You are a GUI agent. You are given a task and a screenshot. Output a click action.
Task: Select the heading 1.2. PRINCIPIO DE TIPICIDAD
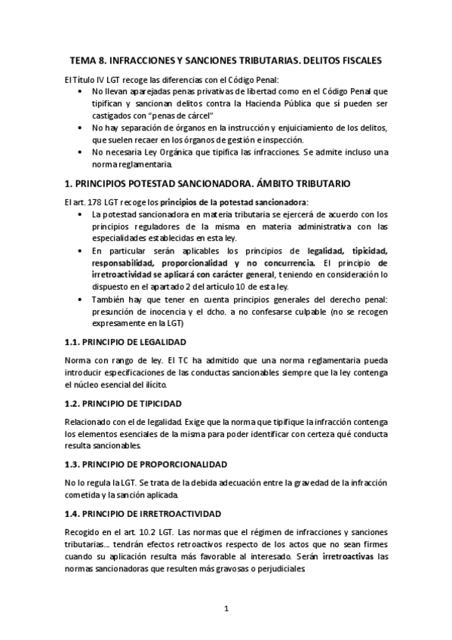121,404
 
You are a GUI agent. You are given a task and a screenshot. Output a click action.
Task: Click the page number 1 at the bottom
226,608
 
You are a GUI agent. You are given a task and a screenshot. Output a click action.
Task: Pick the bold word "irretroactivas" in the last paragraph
347,558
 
